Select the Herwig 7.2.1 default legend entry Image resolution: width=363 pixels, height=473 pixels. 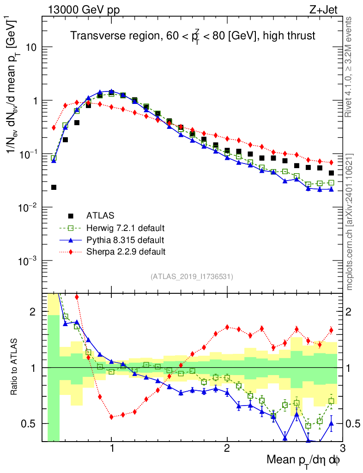125,228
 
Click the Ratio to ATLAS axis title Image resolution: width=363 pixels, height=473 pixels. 15,368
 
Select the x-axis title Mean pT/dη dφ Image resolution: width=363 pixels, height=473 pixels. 304,460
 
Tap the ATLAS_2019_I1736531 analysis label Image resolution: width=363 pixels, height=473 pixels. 192,277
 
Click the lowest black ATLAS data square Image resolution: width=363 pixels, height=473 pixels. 54,187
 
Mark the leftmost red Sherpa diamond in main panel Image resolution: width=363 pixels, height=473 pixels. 54,127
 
